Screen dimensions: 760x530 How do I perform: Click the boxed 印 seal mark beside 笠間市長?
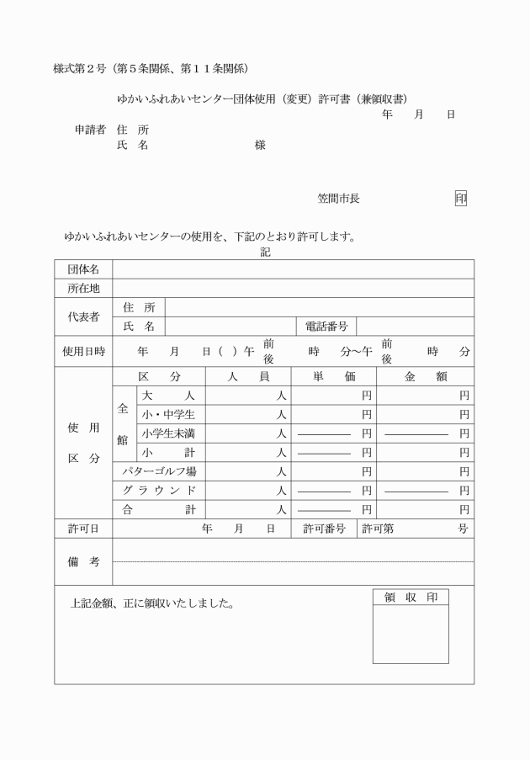point(460,199)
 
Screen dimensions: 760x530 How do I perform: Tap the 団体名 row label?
point(83,269)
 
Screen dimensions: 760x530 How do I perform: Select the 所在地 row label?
point(83,288)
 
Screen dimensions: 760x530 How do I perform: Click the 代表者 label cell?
point(83,316)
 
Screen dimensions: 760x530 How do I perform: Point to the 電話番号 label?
point(326,326)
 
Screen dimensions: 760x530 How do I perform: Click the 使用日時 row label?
point(83,351)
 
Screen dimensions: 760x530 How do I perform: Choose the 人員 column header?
point(248,377)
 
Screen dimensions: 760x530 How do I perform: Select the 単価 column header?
point(333,377)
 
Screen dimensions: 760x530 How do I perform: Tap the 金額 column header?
point(425,377)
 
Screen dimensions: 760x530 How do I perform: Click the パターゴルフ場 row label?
point(159,471)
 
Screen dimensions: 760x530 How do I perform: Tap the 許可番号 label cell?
point(325,529)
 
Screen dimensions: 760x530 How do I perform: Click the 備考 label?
point(83,561)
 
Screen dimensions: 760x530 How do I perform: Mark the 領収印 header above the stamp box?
point(411,598)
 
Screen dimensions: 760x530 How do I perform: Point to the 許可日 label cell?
point(83,529)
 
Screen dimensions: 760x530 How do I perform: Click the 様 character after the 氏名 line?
point(260,146)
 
